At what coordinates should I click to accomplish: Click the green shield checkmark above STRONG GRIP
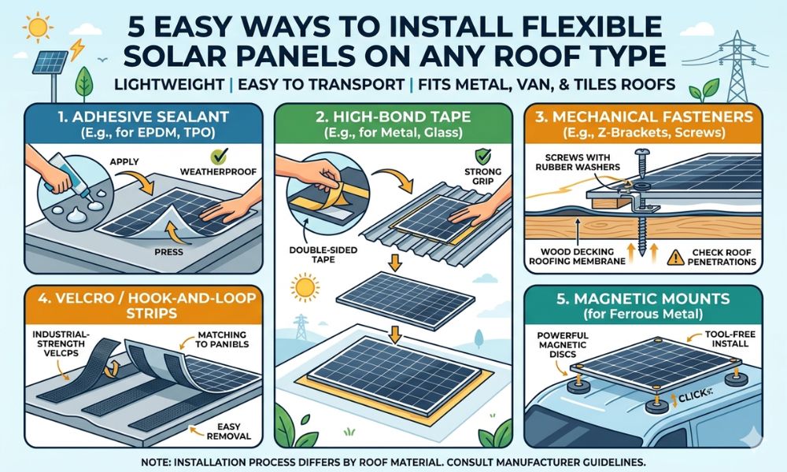click(x=470, y=156)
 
